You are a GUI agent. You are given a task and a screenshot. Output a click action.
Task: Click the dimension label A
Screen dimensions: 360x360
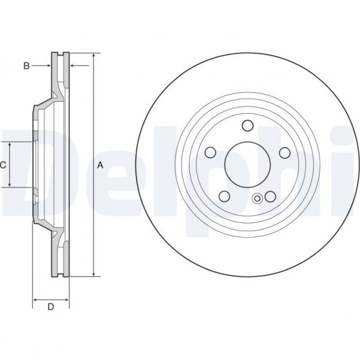coord(100,165)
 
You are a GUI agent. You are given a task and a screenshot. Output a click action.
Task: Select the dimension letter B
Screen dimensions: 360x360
coord(26,66)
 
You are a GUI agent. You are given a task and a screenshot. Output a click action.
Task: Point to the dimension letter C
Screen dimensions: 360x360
coord(3,165)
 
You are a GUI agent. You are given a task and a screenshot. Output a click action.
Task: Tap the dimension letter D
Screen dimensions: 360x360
coord(51,307)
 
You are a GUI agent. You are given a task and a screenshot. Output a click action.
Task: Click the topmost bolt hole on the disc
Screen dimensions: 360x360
coord(247,125)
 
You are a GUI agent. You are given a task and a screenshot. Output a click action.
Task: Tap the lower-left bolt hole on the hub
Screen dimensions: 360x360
coord(224,195)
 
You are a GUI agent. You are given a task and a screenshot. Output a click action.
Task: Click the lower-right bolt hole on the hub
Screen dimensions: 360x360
coord(270,195)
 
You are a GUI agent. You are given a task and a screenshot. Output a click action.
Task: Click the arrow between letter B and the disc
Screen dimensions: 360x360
coord(46,66)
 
